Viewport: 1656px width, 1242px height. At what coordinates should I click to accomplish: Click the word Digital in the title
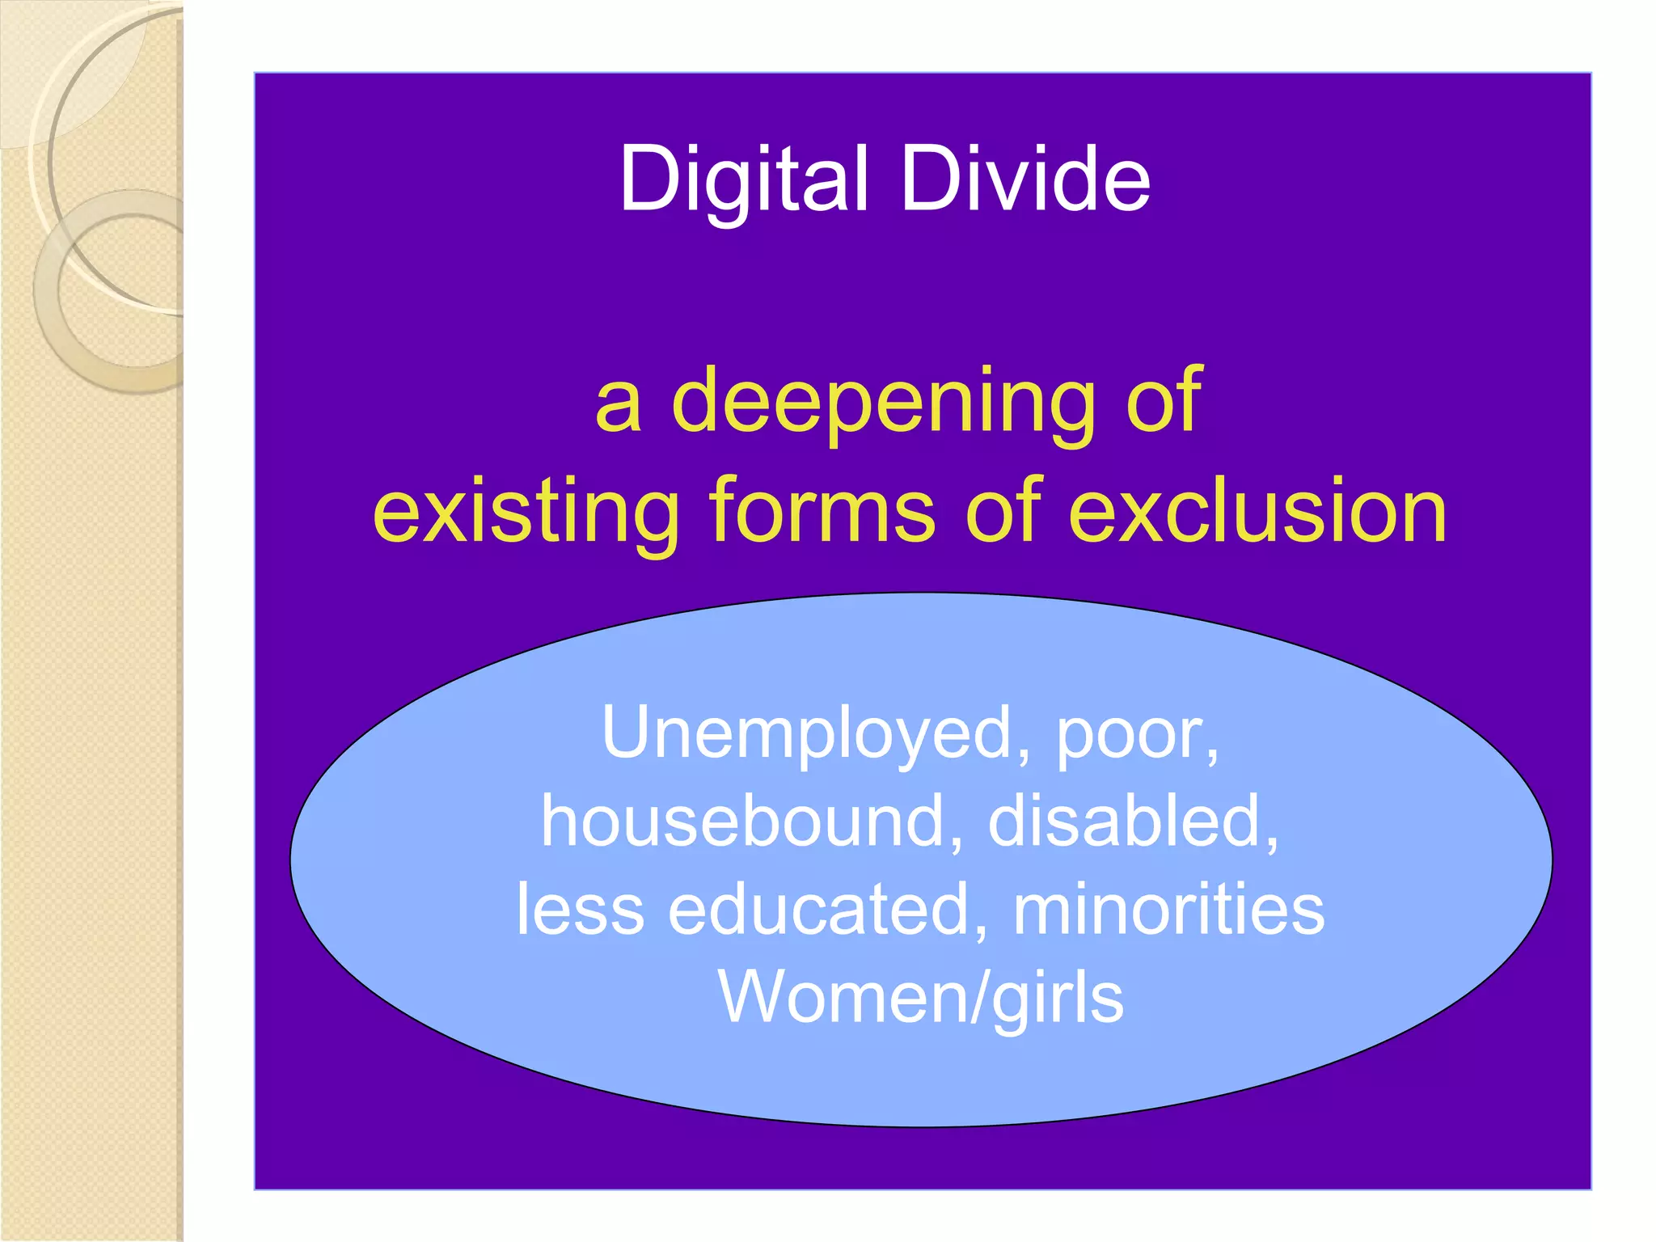743,180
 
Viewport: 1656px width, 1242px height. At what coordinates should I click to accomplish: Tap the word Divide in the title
1024,180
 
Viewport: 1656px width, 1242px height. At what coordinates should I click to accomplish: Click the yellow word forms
822,511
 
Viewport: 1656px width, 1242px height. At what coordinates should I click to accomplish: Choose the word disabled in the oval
1132,822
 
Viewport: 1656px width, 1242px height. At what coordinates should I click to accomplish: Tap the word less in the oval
580,909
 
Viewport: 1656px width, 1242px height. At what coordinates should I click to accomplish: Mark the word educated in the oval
828,909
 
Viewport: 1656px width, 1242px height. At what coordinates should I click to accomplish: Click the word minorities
1168,909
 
